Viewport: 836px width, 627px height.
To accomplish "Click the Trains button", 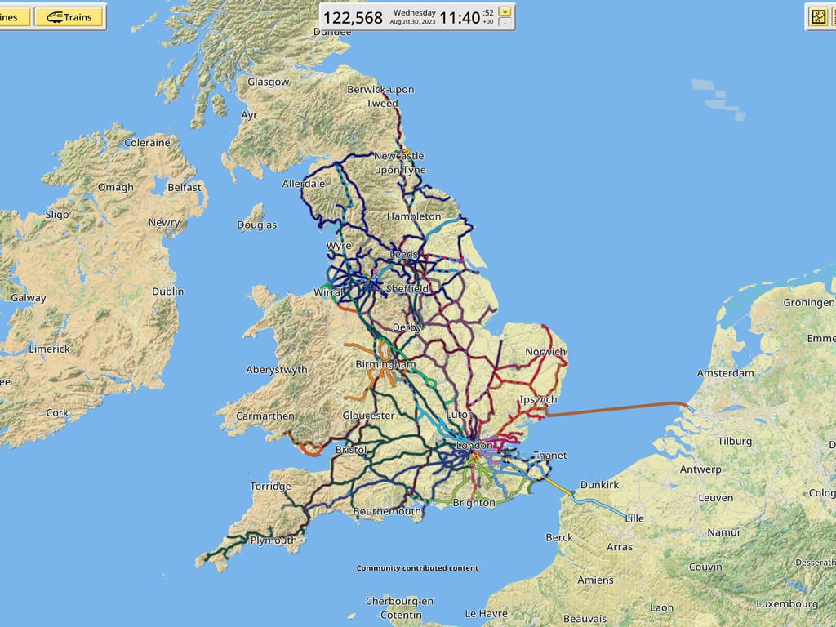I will (69, 16).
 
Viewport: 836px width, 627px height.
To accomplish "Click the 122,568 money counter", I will (353, 18).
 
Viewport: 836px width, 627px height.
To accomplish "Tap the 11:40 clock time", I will (460, 18).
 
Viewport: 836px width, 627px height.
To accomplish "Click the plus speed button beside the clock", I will (505, 11).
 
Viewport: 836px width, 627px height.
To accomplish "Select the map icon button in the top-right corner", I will (818, 16).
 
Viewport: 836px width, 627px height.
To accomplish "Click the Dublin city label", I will (167, 291).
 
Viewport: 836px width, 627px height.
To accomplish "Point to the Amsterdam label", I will (725, 373).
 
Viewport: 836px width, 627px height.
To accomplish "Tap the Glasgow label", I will (268, 82).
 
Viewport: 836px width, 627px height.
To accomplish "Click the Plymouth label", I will (273, 540).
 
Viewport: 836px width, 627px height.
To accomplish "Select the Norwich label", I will (545, 352).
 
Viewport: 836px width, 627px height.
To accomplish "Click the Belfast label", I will (184, 187).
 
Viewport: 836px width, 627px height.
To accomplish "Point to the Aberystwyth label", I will (277, 370).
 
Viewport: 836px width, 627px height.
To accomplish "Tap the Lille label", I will (634, 518).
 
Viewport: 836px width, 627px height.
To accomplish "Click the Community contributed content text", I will (417, 568).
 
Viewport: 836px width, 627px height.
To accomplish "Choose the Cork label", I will (57, 413).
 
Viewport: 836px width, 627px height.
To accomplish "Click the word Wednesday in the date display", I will (414, 12).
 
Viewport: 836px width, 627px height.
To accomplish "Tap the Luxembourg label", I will (786, 604).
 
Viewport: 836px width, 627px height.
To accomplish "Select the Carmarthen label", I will (265, 416).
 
